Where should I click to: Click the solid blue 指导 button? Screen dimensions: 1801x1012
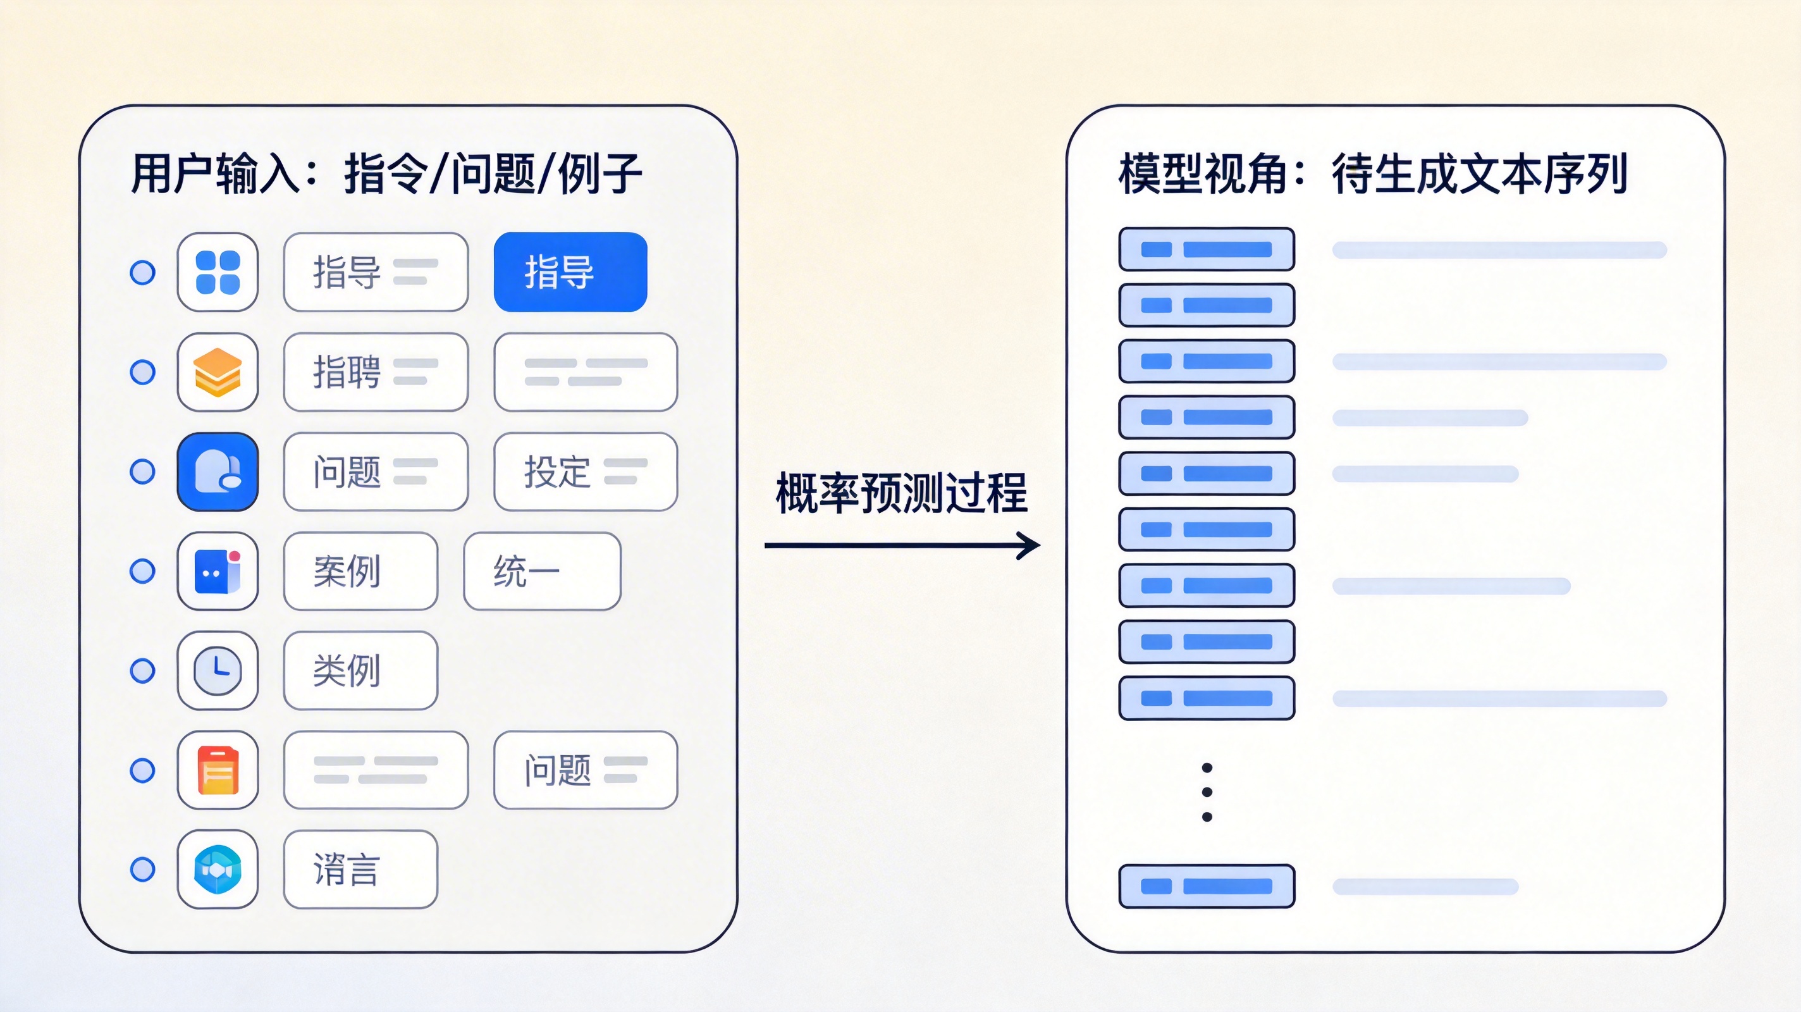click(x=570, y=272)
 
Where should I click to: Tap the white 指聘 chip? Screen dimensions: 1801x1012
click(x=376, y=372)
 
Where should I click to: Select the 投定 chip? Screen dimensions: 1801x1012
click(x=586, y=471)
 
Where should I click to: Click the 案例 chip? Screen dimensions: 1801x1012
click(x=360, y=571)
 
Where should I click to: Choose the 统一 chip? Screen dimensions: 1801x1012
click(x=543, y=571)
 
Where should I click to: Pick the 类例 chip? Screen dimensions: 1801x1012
click(x=360, y=670)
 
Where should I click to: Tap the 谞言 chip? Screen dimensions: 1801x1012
click(x=360, y=869)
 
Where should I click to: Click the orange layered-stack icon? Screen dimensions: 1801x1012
click(x=218, y=372)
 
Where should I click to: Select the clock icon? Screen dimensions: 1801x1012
click(x=218, y=670)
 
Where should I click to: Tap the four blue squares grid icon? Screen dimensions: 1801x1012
click(x=218, y=272)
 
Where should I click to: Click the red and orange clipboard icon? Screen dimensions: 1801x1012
click(x=218, y=770)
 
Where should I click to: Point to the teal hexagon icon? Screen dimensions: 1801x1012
click(x=218, y=869)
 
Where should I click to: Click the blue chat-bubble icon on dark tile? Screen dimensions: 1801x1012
click(x=218, y=471)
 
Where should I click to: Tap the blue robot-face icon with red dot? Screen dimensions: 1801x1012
click(x=218, y=571)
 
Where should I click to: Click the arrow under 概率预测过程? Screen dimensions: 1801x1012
click(x=902, y=545)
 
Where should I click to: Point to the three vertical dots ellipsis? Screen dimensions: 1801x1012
click(x=1207, y=793)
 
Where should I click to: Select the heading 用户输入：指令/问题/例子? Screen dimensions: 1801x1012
click(x=386, y=173)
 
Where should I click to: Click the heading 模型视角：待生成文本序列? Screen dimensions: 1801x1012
click(x=1373, y=173)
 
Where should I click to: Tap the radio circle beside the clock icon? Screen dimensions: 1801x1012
click(x=143, y=670)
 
